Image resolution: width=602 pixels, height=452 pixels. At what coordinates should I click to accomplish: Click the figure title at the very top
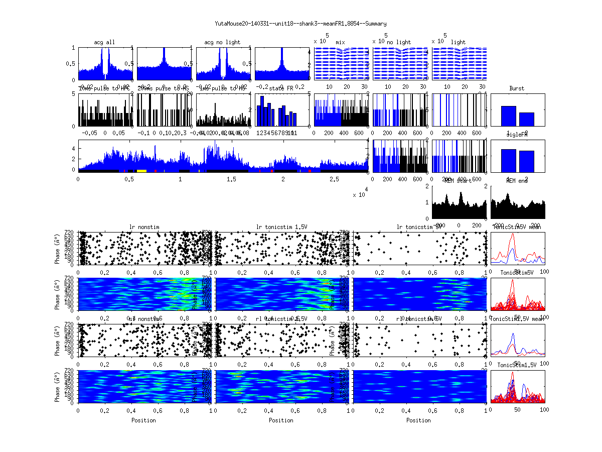point(300,24)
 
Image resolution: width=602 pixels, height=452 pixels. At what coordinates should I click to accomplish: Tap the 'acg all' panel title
point(104,42)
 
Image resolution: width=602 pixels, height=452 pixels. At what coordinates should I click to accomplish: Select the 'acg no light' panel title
point(222,42)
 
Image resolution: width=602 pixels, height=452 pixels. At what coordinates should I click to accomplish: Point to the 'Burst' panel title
point(517,88)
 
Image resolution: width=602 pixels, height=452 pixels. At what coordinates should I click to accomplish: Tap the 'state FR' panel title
point(282,88)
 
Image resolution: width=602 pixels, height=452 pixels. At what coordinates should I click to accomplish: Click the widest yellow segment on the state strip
point(141,171)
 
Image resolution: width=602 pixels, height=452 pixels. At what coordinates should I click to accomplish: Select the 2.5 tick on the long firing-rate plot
point(334,179)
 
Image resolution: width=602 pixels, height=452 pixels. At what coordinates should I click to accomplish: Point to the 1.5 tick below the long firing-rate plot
point(232,179)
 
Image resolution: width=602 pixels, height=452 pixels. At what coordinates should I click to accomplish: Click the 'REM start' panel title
point(459,181)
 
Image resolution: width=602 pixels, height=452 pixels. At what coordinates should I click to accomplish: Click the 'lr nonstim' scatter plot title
point(144,227)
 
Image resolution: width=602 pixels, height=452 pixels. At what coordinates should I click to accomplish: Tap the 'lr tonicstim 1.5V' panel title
point(281,227)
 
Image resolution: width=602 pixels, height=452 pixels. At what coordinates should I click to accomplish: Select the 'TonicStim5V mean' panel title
point(518,227)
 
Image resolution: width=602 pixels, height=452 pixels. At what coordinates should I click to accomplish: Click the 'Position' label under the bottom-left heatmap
point(143,420)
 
